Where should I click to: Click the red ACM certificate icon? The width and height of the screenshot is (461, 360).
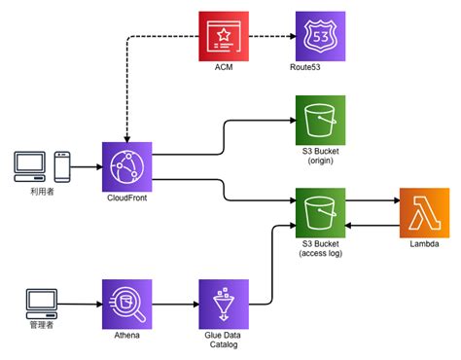224,37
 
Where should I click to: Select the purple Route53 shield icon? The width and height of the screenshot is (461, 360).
321,37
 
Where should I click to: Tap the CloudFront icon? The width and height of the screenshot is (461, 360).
128,167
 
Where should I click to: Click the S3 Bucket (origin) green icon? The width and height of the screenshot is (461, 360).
321,120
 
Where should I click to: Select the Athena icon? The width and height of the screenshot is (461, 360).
128,305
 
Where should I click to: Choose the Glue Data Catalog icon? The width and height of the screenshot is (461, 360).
224,305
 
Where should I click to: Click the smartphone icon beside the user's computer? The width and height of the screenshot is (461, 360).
62,167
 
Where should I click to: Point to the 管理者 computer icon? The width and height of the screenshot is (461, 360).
39,303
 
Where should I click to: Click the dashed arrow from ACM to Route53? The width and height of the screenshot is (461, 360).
272,37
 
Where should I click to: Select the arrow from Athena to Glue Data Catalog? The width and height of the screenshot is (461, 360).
176,305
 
